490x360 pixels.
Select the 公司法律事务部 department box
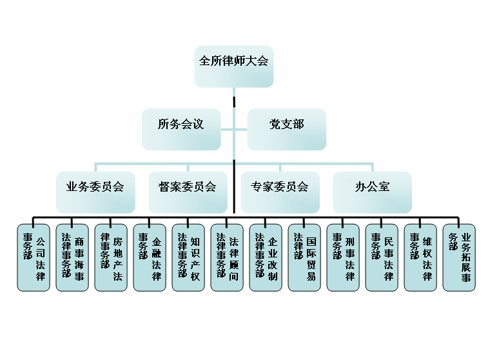[x=34, y=257]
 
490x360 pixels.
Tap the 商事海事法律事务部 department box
[x=72, y=257]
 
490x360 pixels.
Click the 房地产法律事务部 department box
[x=111, y=257]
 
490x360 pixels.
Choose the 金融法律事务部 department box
[x=150, y=257]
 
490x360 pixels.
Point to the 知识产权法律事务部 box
[x=188, y=257]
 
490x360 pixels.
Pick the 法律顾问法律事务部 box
[x=227, y=257]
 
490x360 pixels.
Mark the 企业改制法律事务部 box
[x=266, y=257]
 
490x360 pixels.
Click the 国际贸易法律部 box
[x=304, y=257]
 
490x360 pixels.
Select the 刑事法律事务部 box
[x=343, y=257]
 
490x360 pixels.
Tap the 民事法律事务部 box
[x=382, y=257]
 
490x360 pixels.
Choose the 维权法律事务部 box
[x=420, y=257]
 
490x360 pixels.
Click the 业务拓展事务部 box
[x=459, y=257]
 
